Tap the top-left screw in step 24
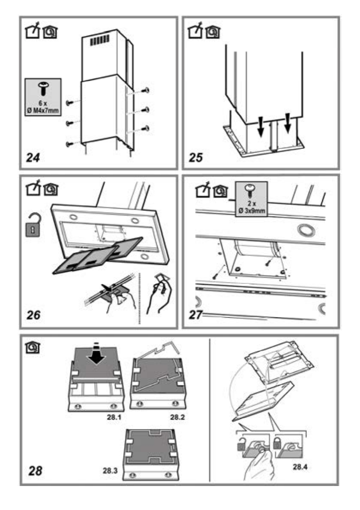[69, 102]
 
